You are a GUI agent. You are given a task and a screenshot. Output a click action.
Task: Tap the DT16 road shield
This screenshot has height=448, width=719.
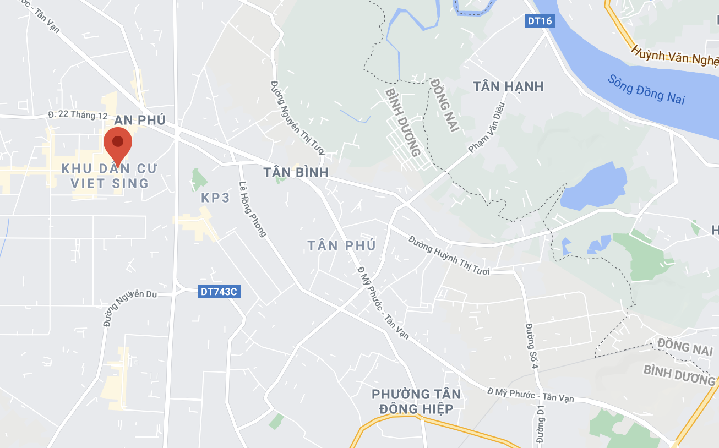[x=539, y=21]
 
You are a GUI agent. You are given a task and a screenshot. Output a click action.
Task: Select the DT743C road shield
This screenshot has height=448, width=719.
[x=218, y=292]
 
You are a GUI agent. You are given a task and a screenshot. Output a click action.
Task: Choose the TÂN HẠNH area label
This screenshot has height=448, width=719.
[x=508, y=86]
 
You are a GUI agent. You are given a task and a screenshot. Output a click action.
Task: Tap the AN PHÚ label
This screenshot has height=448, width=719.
[x=140, y=121]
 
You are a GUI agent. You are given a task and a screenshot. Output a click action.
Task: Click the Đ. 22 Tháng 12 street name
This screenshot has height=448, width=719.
[x=78, y=115]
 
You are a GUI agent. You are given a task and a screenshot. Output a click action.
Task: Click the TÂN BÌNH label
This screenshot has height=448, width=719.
[x=296, y=172]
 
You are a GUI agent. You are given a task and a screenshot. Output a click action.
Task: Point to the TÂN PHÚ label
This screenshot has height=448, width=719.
[x=341, y=245]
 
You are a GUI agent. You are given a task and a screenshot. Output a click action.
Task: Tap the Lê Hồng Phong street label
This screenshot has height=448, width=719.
[x=253, y=209]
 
